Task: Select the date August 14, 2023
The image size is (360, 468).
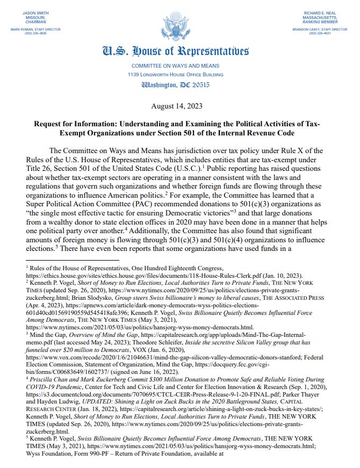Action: point(179,105)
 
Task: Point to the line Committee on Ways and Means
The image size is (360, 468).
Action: point(179,66)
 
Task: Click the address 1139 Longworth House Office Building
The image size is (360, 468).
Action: point(179,74)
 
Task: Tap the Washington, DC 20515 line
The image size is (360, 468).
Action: point(179,85)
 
